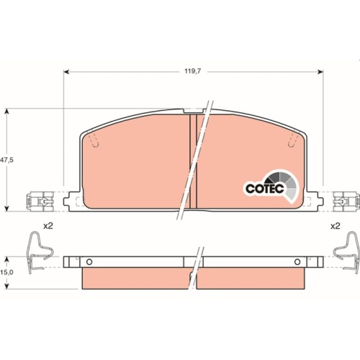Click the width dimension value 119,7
point(191,72)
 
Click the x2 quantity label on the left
point(48,226)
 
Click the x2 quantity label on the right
point(335,226)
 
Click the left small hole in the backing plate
point(89,261)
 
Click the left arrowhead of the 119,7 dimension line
point(67,72)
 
